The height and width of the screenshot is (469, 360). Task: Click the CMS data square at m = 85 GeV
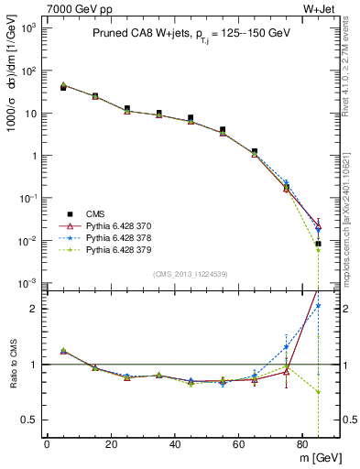[318, 244]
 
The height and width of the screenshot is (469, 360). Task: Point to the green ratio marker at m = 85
[318, 392]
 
